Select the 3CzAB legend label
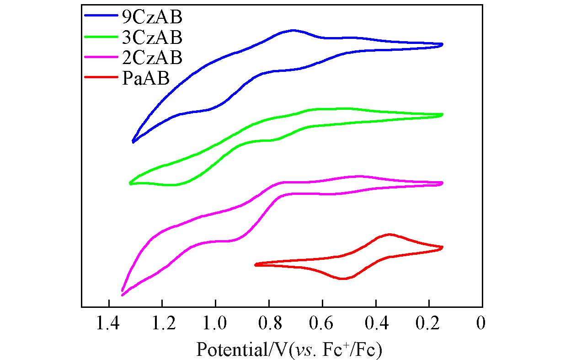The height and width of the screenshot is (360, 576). [152, 37]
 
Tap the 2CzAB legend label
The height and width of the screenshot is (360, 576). [152, 58]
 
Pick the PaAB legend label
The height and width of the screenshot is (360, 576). [146, 79]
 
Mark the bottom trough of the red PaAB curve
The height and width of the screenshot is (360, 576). [344, 279]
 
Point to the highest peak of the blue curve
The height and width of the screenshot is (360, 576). [293, 31]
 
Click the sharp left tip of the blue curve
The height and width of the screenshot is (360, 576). [133, 142]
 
